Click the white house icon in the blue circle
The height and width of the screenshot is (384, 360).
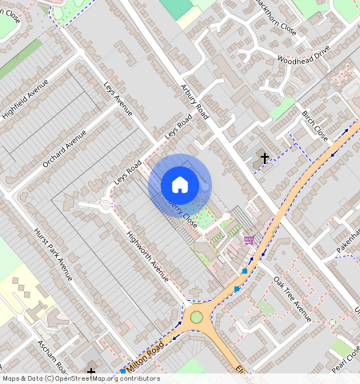click(x=180, y=185)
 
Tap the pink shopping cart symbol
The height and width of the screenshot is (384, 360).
click(x=249, y=239)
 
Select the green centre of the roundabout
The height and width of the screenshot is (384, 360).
click(x=196, y=318)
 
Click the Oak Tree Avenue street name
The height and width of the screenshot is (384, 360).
click(x=292, y=298)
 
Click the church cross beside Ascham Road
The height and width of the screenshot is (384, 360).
click(x=91, y=372)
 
